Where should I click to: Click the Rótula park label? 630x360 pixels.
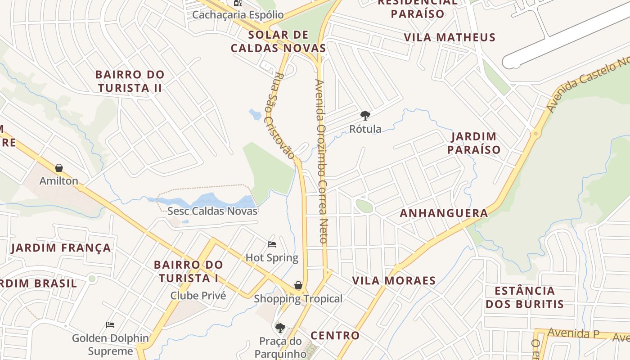tap(365, 129)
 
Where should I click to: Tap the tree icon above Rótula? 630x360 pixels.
tap(365, 116)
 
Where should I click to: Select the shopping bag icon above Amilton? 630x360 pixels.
tap(59, 168)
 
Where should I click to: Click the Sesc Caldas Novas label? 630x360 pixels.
tap(212, 211)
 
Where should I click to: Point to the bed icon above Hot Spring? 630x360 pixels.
tap(272, 244)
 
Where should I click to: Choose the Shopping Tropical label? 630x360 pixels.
tap(298, 299)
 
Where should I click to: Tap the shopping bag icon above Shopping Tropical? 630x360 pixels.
tap(298, 285)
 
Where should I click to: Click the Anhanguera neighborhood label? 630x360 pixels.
tap(444, 213)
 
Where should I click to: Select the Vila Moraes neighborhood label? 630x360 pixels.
tap(394, 281)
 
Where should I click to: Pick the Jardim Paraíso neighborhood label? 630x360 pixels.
tap(474, 143)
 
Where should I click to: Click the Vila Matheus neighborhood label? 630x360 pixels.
tap(449, 37)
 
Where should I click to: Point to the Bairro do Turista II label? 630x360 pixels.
tap(130, 81)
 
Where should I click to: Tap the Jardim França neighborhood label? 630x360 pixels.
tap(61, 248)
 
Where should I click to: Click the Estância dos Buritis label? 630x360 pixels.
tap(525, 297)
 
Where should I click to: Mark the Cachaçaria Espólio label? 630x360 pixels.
tap(238, 15)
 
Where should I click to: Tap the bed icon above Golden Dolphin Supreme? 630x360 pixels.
tap(110, 324)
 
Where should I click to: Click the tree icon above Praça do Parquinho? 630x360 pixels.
tap(280, 328)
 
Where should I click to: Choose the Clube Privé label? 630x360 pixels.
tap(198, 296)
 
